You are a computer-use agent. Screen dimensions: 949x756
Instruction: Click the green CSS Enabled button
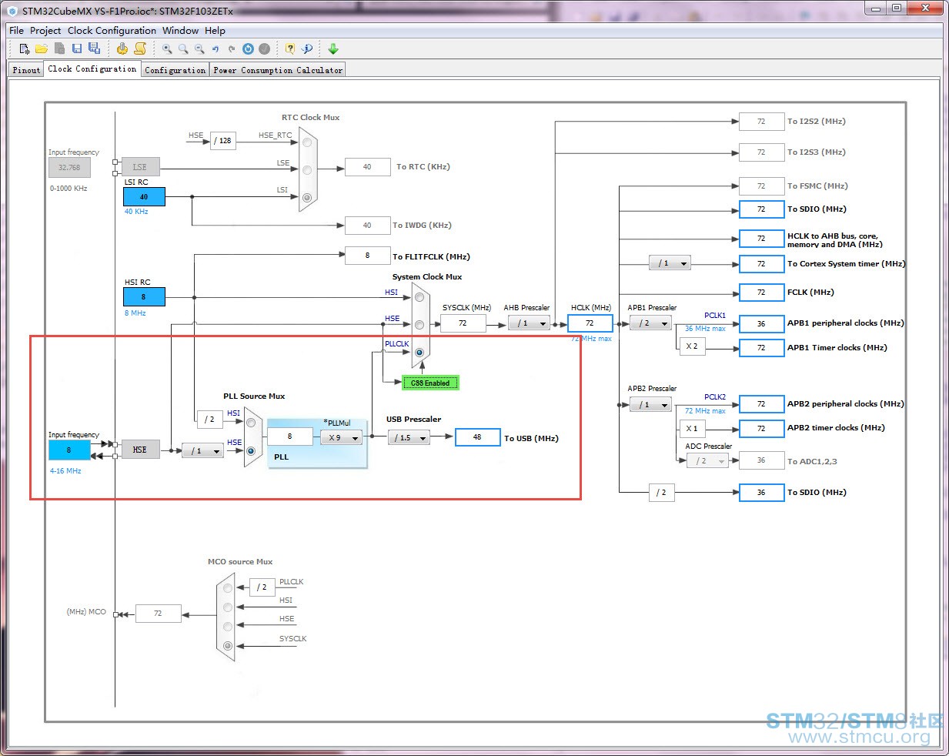point(430,383)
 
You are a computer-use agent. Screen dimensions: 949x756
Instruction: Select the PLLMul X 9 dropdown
point(341,437)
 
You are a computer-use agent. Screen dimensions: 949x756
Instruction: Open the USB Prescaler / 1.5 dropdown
point(409,437)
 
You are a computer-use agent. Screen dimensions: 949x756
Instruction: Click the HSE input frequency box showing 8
point(69,450)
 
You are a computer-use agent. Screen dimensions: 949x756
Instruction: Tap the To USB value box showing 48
point(478,437)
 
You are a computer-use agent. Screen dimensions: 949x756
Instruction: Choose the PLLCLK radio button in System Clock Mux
point(419,353)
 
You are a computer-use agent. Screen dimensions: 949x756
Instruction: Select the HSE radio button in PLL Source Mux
point(251,451)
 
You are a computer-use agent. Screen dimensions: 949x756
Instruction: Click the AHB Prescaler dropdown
point(529,323)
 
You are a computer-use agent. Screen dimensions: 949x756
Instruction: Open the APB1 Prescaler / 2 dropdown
point(650,323)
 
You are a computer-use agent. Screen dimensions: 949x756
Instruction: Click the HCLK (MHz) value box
point(590,323)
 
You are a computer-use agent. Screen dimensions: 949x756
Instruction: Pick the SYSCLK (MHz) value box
point(463,323)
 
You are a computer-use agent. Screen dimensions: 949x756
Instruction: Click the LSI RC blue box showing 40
point(144,197)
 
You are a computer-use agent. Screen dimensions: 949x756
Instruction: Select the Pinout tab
point(26,70)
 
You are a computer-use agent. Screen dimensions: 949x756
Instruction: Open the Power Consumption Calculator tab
point(278,70)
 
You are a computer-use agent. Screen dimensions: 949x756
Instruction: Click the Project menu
point(45,31)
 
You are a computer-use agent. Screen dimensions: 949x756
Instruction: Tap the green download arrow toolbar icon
point(333,49)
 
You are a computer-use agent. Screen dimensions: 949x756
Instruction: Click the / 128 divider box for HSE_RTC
point(222,141)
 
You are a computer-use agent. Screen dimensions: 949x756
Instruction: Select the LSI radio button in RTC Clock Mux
point(307,198)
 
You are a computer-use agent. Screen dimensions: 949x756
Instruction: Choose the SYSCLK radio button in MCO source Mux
point(228,646)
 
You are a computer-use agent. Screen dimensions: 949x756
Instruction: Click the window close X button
point(925,8)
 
